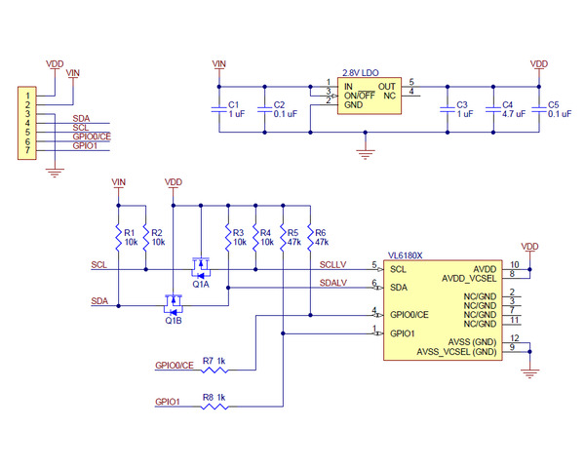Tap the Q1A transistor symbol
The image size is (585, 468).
201,265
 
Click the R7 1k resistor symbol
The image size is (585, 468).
214,370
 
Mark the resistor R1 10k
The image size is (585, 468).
118,237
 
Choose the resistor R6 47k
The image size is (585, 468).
309,237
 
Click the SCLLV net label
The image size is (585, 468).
333,264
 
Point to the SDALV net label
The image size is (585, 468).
333,283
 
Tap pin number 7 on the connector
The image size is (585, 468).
28,152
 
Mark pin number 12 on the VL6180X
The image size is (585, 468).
513,337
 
